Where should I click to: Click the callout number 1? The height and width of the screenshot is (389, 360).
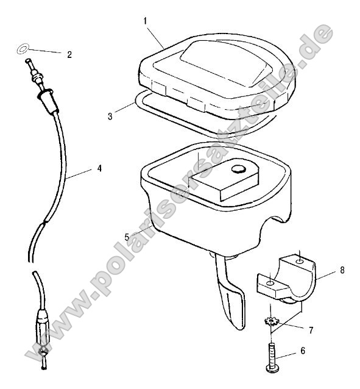[x=146, y=21]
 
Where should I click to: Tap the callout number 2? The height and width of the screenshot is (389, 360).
[x=69, y=54]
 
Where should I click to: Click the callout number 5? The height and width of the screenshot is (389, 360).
[x=127, y=237]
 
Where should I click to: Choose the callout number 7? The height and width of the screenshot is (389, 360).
[x=311, y=330]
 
